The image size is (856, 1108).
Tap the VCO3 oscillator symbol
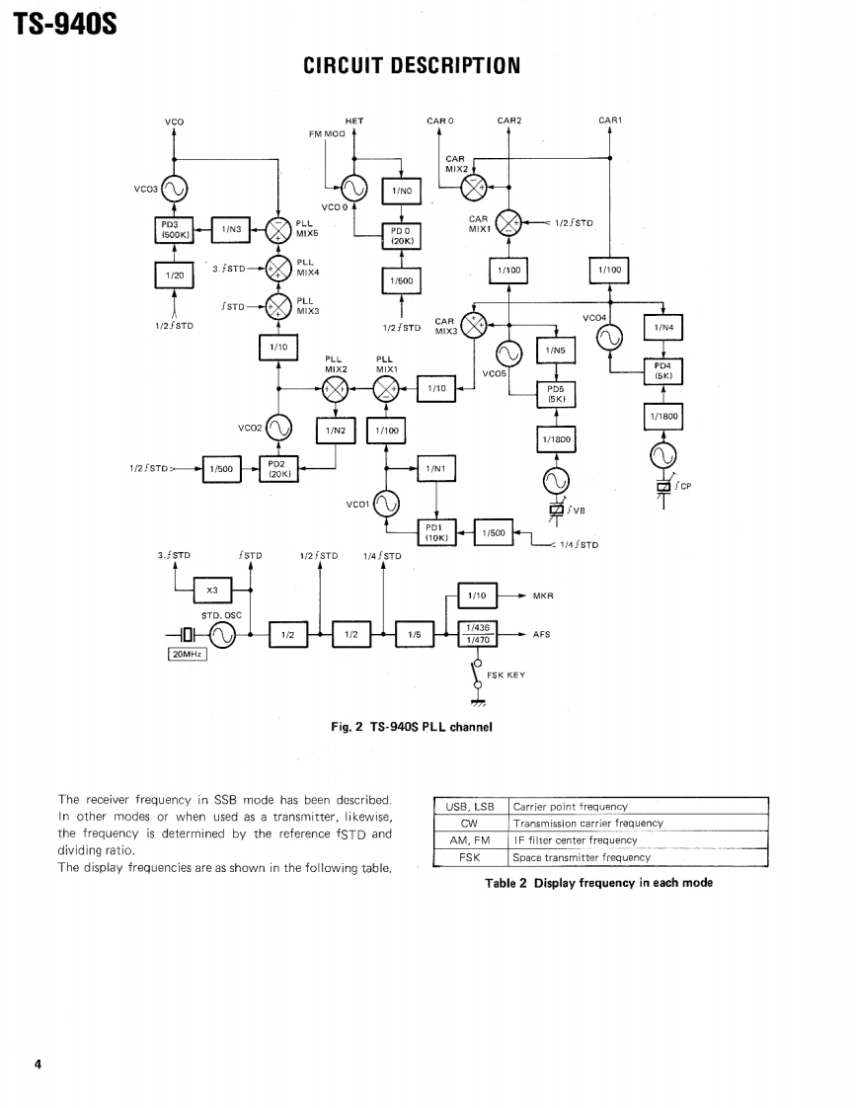175,190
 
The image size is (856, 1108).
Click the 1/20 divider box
175,276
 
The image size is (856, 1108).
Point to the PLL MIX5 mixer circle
279,230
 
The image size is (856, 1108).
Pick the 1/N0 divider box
401,192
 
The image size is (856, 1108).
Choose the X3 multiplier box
212,591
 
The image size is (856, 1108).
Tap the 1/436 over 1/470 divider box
480,634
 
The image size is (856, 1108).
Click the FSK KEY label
506,675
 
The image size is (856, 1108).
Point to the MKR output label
543,596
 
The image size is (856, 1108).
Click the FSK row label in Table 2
470,857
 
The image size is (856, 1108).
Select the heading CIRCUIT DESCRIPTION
412,66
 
